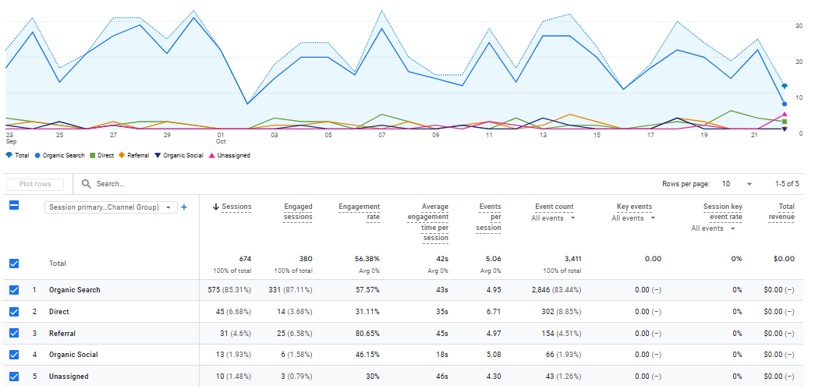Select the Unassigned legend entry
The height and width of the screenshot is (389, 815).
[x=233, y=155]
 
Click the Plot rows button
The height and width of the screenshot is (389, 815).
[x=35, y=184]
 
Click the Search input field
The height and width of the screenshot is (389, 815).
[x=234, y=184]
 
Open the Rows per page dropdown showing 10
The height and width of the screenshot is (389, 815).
[x=737, y=184]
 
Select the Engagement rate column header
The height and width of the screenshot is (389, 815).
[x=360, y=211]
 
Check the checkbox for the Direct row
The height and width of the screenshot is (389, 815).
[x=14, y=312]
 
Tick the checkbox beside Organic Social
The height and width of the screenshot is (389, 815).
[x=14, y=355]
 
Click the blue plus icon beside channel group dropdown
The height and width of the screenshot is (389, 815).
[x=184, y=207]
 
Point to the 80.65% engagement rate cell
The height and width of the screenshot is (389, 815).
[x=364, y=333]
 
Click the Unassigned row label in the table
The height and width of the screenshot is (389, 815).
[x=69, y=377]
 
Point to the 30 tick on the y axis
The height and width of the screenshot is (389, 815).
[x=799, y=26]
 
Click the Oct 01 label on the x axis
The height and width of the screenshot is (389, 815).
[x=221, y=137]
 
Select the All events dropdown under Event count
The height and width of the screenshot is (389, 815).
[x=554, y=218]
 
